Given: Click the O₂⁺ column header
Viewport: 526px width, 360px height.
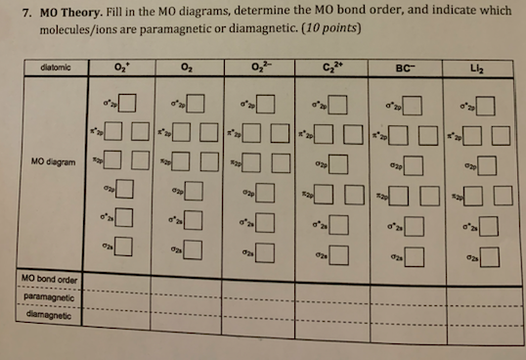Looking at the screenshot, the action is click(x=120, y=67).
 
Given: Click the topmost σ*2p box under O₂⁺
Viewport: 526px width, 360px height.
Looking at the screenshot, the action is click(x=127, y=101).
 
